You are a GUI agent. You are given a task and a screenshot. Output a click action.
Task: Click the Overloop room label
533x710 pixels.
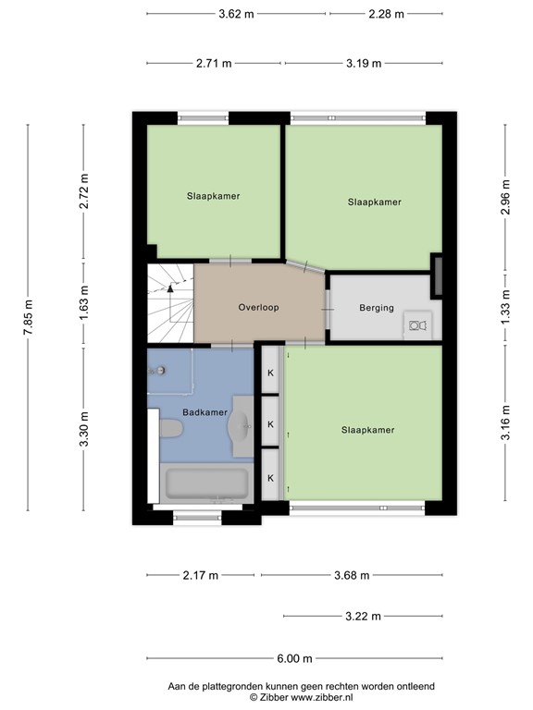[258, 308]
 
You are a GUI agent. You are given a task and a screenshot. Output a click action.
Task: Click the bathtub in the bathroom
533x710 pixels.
[206, 483]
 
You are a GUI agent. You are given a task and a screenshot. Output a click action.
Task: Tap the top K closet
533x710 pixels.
[271, 373]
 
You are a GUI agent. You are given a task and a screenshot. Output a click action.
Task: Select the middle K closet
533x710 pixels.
[271, 423]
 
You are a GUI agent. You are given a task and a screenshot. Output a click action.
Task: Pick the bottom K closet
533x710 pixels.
[271, 478]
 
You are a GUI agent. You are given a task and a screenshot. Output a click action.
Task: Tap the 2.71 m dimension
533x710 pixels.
[214, 63]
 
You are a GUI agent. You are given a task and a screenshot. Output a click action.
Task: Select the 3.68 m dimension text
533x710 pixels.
[352, 575]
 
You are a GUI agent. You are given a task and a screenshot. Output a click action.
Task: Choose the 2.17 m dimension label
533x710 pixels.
[201, 575]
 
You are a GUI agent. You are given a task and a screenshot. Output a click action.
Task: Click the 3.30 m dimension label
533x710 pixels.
[84, 429]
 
